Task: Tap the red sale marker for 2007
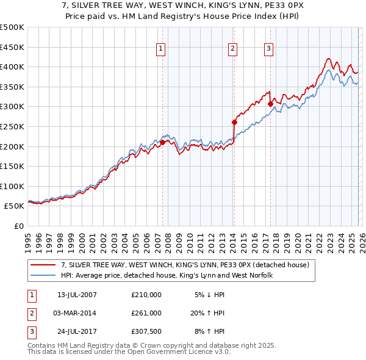(162, 142)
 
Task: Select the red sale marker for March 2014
(234, 122)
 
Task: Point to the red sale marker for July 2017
(270, 104)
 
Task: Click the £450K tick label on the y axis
(12, 47)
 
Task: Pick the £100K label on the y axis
(12, 186)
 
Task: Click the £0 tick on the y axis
(18, 226)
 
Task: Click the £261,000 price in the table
(146, 313)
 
